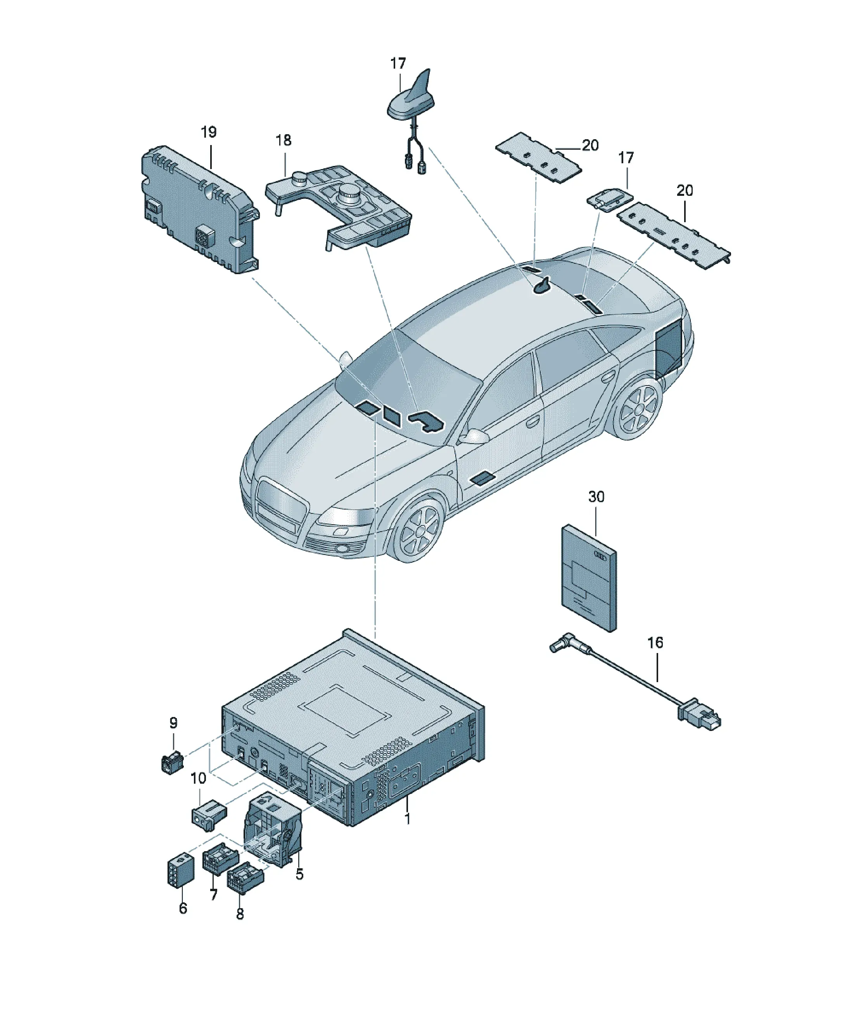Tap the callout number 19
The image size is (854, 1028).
point(209,132)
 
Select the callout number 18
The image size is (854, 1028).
point(283,140)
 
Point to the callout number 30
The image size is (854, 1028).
point(596,497)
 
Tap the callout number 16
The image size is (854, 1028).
point(655,643)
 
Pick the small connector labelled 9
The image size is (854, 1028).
point(172,762)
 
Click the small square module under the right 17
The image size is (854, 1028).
point(609,200)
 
